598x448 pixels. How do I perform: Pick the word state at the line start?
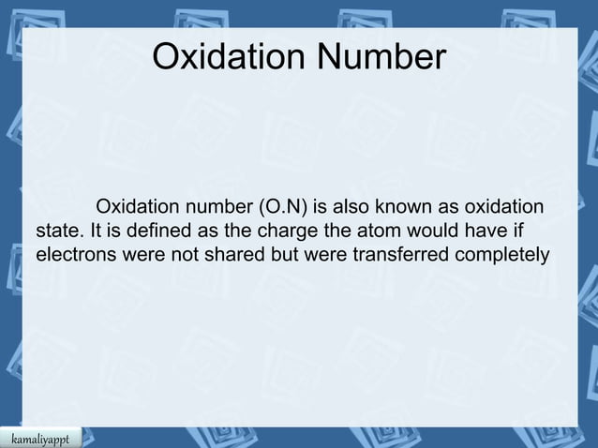pos(56,231)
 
